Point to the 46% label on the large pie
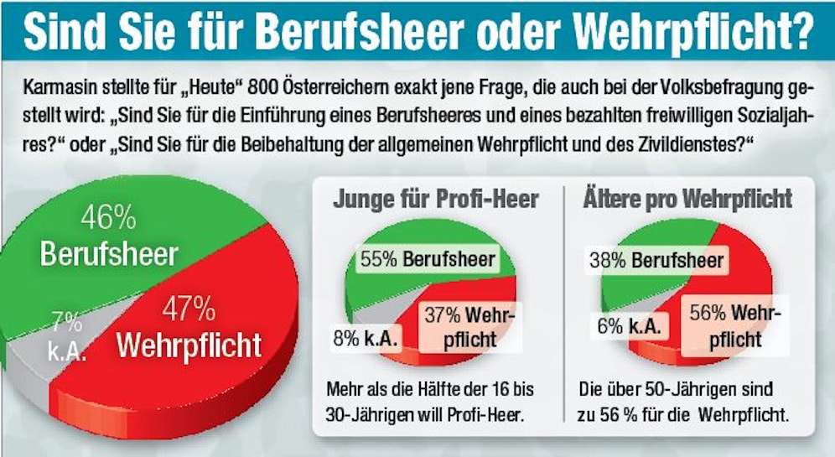(109, 219)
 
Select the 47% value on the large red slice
(189, 309)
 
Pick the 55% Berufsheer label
(428, 259)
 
